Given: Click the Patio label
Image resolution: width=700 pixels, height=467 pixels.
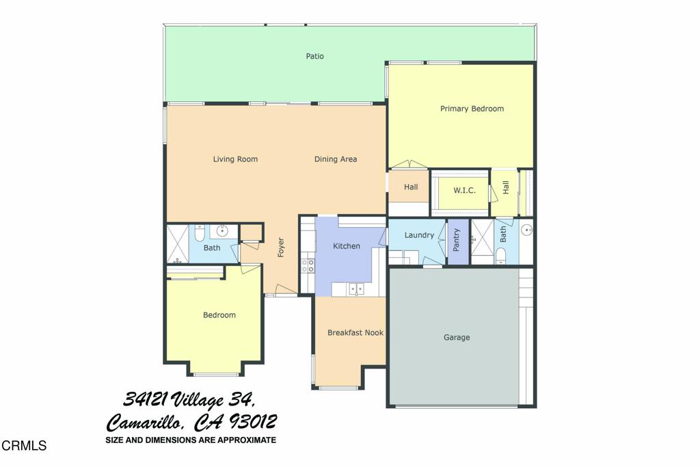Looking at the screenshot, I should [314, 56].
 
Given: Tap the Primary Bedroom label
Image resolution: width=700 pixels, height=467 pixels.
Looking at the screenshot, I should [472, 109].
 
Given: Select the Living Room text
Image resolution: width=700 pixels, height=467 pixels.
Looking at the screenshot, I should [235, 159].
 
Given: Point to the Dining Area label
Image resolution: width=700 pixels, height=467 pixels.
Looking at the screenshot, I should [336, 159].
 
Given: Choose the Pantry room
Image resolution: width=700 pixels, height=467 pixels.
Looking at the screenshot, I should [457, 241].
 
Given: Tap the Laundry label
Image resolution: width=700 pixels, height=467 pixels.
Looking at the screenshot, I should [419, 235].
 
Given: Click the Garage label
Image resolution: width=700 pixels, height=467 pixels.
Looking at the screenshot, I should [457, 337].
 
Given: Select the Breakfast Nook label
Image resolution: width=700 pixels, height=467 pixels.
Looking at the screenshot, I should [355, 333].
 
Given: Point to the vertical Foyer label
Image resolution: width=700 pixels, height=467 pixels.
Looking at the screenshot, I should [280, 247].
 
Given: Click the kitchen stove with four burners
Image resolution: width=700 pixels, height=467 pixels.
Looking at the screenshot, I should [308, 264].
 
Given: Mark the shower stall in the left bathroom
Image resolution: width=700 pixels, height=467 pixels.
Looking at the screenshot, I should [177, 244].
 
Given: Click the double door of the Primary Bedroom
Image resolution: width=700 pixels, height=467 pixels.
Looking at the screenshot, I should [409, 165].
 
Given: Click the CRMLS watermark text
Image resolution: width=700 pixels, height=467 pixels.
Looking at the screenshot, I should [24, 446].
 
